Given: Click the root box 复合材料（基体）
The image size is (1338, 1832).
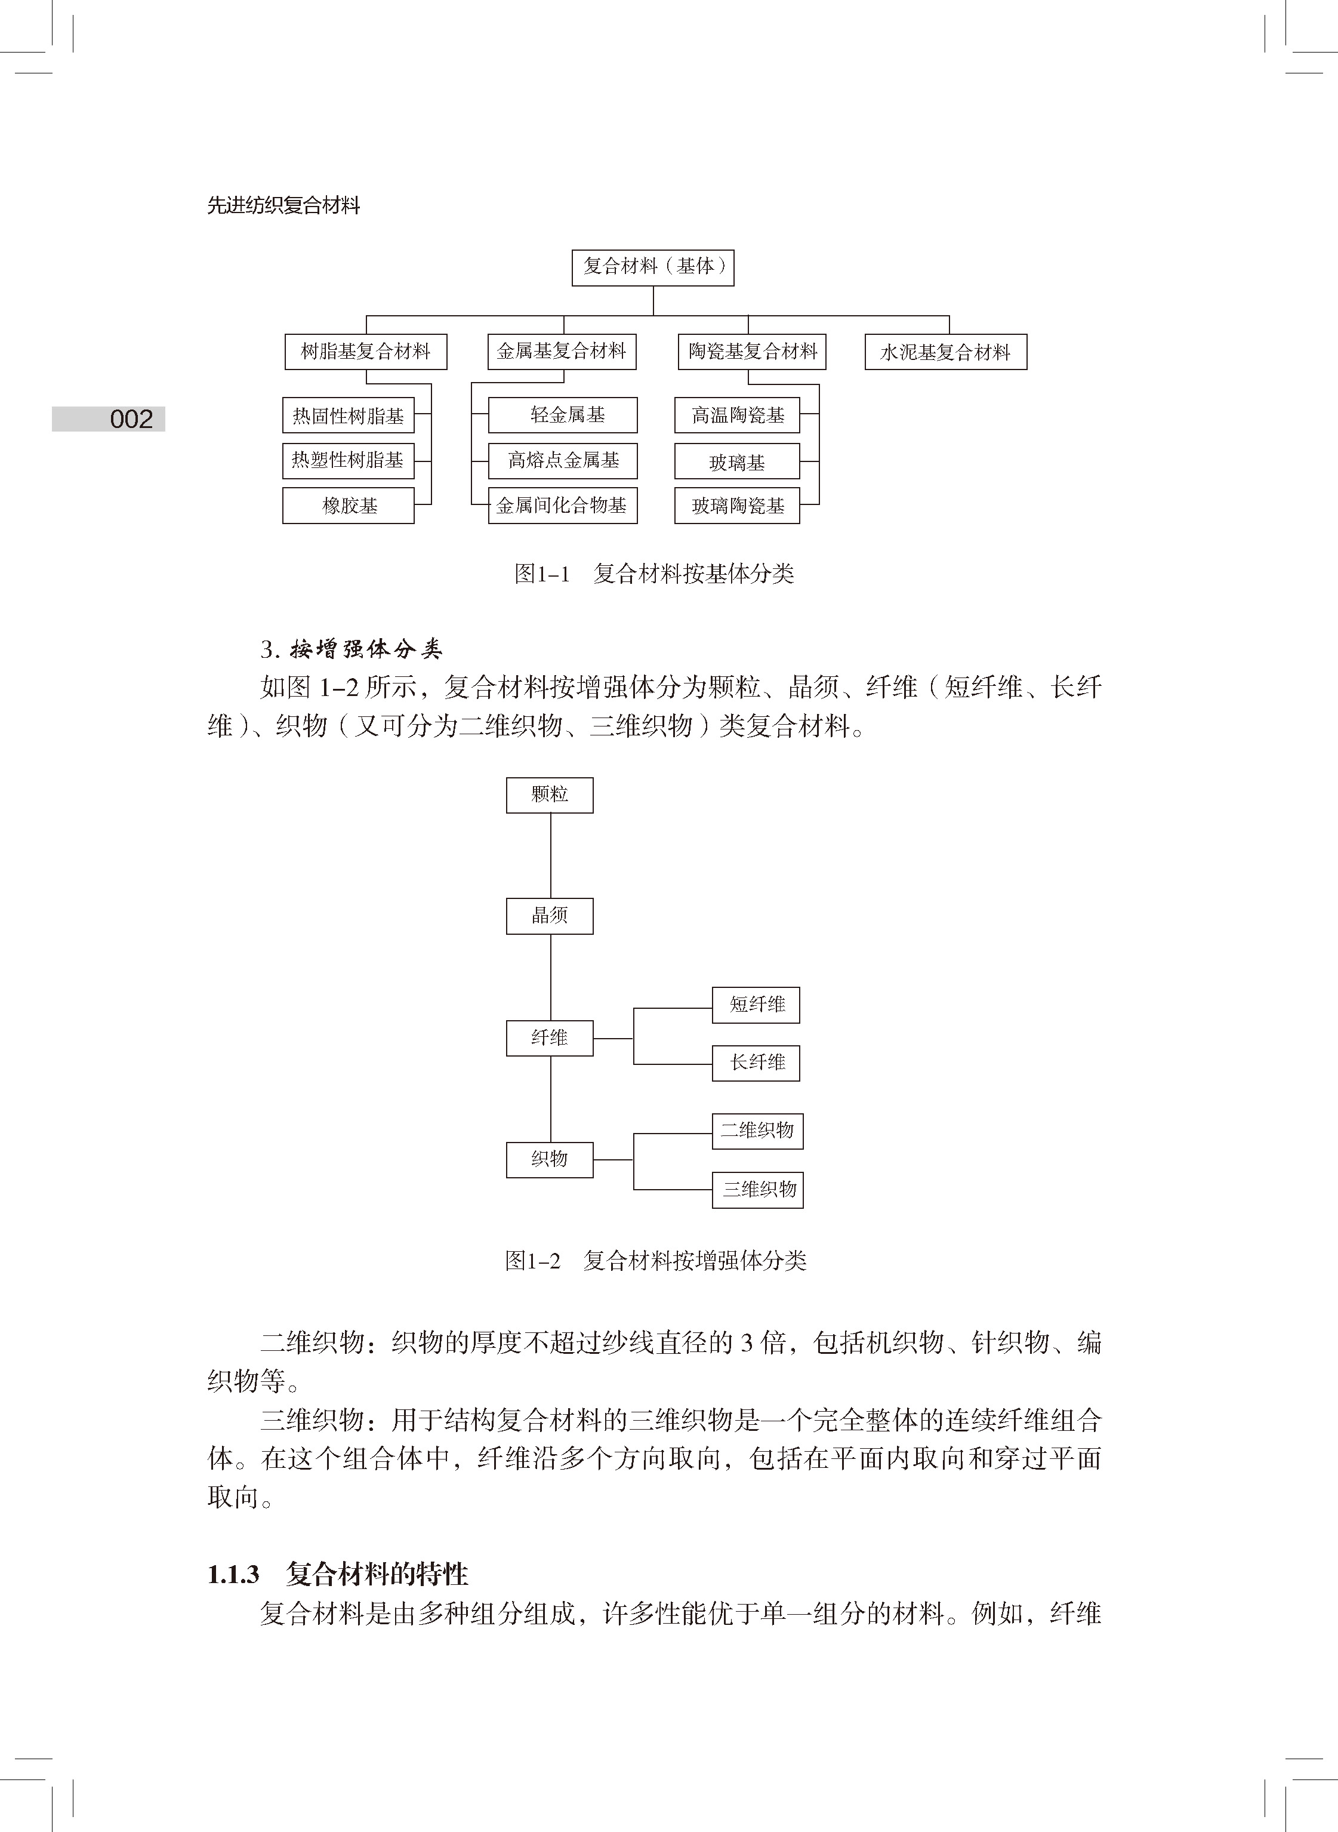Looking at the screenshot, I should tap(653, 267).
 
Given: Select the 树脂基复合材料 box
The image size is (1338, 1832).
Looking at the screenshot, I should tap(365, 352).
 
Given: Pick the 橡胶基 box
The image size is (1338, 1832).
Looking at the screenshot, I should tap(349, 506).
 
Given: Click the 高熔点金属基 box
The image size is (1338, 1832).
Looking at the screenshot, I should tap(563, 461).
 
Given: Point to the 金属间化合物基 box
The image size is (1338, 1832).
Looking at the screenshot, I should tap(563, 506).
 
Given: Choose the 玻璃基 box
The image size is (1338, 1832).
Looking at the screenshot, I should tap(737, 461).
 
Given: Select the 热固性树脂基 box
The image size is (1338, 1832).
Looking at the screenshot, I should tap(349, 416).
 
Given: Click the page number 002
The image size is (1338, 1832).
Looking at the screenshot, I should tap(131, 418).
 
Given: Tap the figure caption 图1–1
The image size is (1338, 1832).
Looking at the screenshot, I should tap(542, 574).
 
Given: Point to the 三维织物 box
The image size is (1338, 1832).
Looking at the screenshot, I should tap(758, 1190).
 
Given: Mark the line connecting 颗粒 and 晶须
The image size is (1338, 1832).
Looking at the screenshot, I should tap(551, 855).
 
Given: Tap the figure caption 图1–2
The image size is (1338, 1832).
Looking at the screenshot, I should tap(533, 1260).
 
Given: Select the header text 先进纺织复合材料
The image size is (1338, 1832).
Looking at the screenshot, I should tap(283, 206).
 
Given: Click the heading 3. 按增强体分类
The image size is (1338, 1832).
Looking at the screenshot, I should tap(352, 649).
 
